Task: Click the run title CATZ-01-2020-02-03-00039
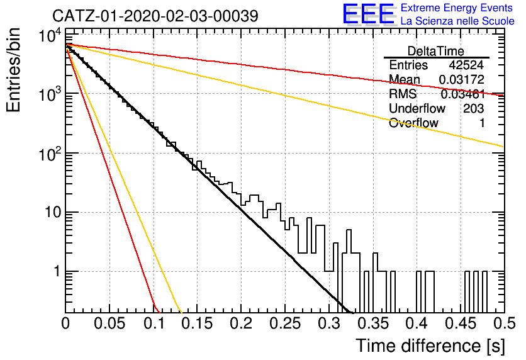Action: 155,16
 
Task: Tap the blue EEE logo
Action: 368,14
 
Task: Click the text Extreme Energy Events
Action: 457,8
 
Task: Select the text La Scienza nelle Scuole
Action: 457,21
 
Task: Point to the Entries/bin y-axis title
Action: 13,70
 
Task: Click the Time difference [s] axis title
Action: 430,346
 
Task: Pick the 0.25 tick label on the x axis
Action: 285,323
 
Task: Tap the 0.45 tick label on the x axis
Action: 461,323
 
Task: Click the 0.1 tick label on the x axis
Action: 154,323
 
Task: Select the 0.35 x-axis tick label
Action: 372,323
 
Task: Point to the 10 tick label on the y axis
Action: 53,212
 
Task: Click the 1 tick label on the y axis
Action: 57,271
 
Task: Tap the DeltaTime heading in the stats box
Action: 436,51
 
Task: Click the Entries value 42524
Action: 466,65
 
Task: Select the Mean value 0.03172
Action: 462,79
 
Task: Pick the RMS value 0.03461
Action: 462,94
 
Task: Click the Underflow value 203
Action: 473,108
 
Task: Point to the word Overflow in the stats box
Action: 413,123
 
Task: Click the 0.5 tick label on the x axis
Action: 505,323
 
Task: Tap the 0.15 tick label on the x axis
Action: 197,323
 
